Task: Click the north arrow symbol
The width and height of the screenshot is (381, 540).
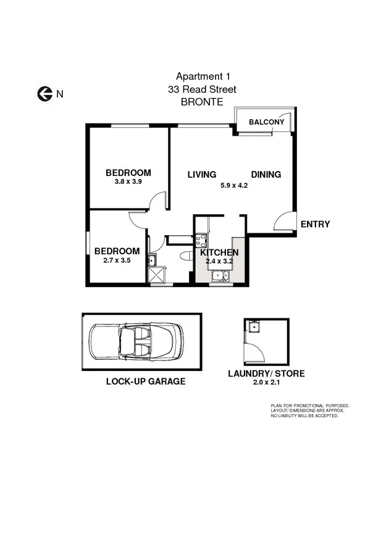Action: (44, 94)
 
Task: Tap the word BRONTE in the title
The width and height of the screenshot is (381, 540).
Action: (202, 103)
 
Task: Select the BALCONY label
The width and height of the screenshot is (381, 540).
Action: (266, 122)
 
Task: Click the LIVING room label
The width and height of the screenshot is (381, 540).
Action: (202, 175)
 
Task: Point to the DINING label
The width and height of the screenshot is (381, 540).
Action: (266, 175)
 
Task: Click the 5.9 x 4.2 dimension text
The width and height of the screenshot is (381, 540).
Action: (234, 185)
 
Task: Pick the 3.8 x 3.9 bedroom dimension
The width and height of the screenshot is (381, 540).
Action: (128, 182)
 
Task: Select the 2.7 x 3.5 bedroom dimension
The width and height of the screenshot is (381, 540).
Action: (117, 260)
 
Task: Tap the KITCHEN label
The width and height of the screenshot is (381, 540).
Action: (219, 252)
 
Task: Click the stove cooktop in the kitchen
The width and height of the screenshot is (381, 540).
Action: (201, 241)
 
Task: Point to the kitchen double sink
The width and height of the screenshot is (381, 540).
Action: (220, 277)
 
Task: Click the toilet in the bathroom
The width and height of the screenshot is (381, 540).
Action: (184, 255)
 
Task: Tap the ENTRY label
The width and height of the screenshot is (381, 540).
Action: (315, 225)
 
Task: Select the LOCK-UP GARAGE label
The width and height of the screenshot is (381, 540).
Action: (146, 381)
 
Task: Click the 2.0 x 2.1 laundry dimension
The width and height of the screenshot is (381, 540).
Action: (266, 383)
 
